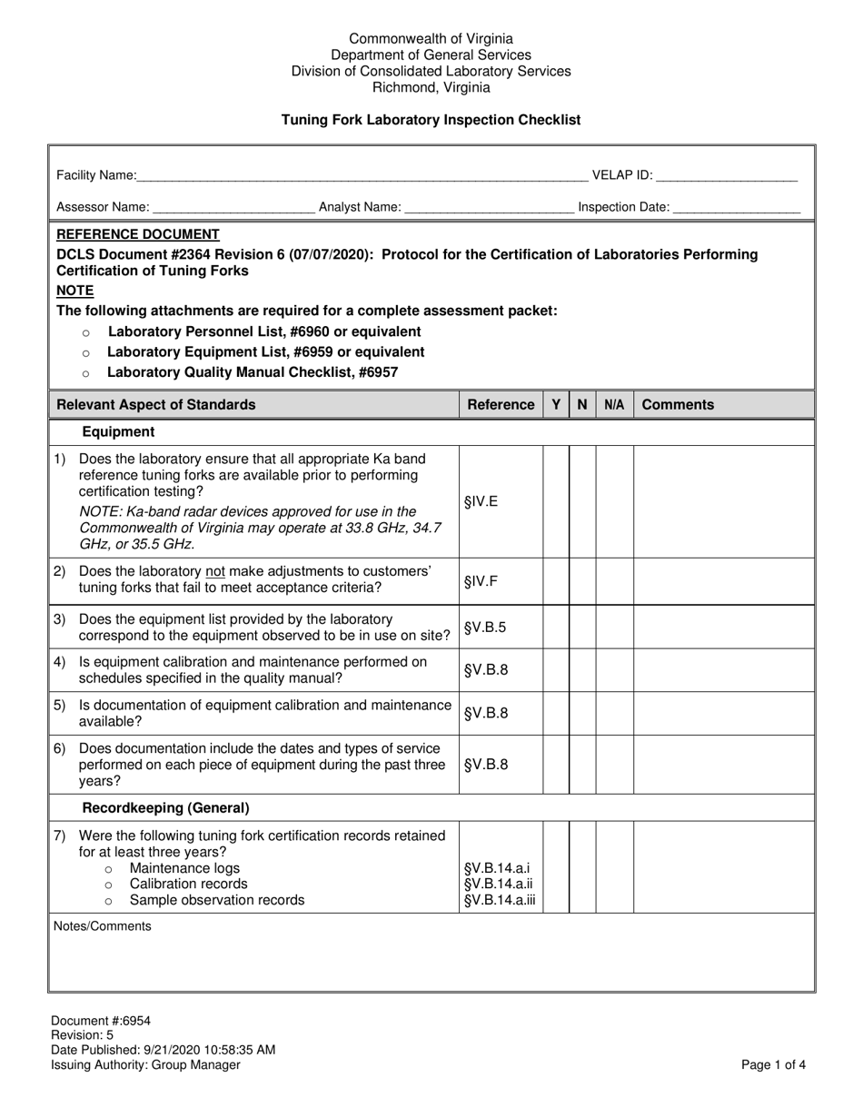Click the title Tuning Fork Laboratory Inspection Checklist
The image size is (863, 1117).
(431, 120)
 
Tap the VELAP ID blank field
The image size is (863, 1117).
(726, 176)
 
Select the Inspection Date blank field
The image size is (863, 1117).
(737, 208)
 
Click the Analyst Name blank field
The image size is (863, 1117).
(489, 208)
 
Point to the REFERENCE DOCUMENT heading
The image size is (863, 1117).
(138, 234)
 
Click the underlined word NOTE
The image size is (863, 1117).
(74, 291)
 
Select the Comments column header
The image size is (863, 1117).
(678, 405)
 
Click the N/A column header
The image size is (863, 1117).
(614, 405)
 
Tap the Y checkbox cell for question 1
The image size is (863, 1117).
(556, 501)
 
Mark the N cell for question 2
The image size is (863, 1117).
(582, 580)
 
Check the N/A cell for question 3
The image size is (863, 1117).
(614, 628)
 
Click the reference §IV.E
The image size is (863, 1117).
(481, 501)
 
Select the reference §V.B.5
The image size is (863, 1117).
(486, 628)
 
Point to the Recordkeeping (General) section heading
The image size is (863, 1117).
(165, 807)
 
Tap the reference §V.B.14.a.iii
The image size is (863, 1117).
(500, 901)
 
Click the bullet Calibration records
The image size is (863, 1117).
(188, 884)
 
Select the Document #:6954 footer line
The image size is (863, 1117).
(101, 1021)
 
